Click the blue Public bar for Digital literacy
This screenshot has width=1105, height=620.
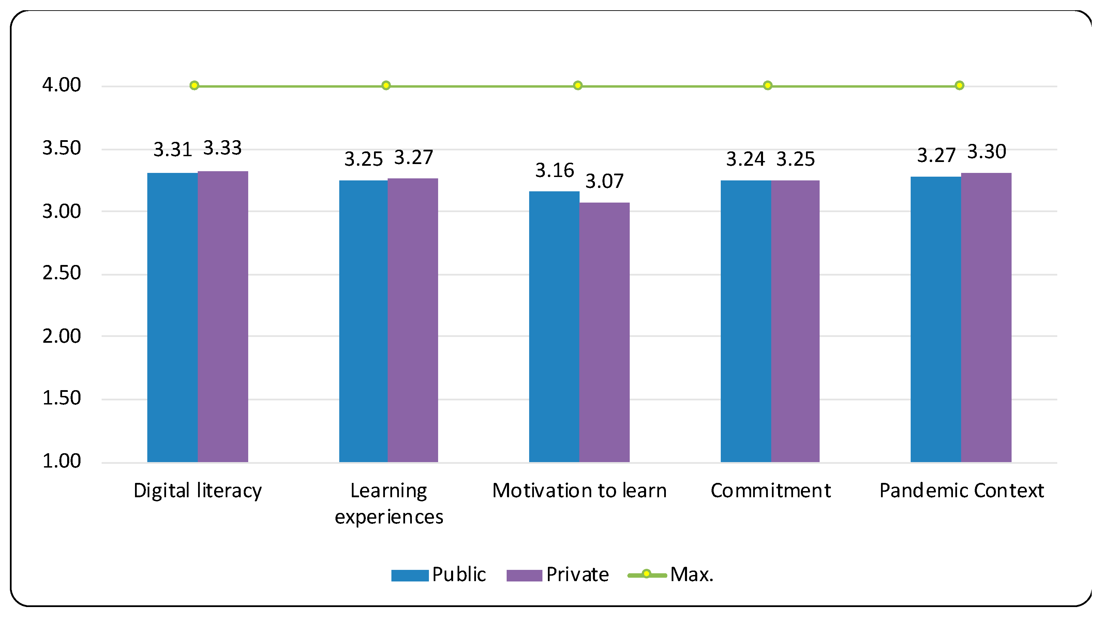pyautogui.click(x=173, y=318)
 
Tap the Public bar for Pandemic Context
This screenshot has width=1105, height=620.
pyautogui.click(x=936, y=319)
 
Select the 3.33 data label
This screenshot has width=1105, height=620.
pyautogui.click(x=222, y=148)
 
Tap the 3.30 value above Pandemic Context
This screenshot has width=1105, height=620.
pyautogui.click(x=986, y=151)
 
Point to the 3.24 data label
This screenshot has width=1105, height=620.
pyautogui.click(x=745, y=159)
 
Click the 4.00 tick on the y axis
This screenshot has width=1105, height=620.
pyautogui.click(x=61, y=85)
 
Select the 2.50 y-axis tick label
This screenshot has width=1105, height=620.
pyautogui.click(x=61, y=273)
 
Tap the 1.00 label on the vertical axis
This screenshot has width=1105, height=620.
pyautogui.click(x=61, y=461)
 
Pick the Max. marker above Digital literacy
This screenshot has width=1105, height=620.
pyautogui.click(x=194, y=85)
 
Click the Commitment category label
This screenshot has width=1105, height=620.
pyautogui.click(x=771, y=490)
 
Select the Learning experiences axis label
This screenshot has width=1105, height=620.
pyautogui.click(x=389, y=503)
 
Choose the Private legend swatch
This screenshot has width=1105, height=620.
pyautogui.click(x=524, y=575)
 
